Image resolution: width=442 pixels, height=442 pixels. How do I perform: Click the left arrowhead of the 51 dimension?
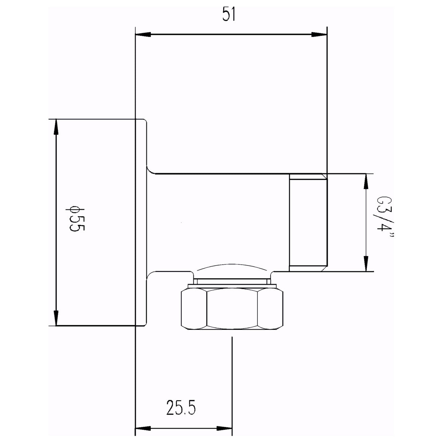pos(142,35)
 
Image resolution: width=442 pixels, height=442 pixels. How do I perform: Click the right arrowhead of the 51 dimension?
pos(319,35)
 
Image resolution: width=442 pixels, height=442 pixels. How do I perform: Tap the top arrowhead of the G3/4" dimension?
pos(366,181)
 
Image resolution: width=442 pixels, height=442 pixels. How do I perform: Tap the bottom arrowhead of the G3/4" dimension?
pos(366,264)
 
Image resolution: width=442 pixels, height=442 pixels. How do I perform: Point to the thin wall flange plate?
pos(141,222)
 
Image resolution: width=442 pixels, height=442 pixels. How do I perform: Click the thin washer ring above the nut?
pos(232,281)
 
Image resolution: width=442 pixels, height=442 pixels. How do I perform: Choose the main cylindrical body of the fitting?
pos(218,222)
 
